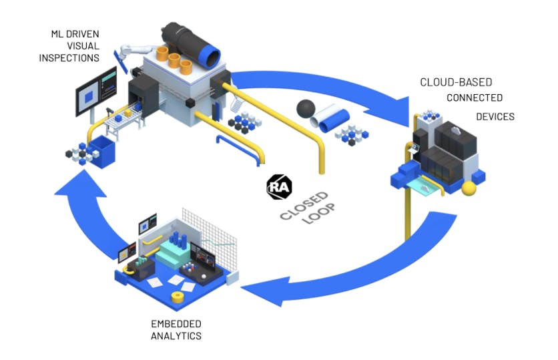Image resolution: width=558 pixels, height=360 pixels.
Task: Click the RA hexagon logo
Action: coord(279,186)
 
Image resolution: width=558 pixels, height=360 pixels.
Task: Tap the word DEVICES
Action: coord(495,117)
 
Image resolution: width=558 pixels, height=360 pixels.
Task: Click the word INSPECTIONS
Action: coord(69,58)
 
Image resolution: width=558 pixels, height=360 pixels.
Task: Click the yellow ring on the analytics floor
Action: coord(178,297)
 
